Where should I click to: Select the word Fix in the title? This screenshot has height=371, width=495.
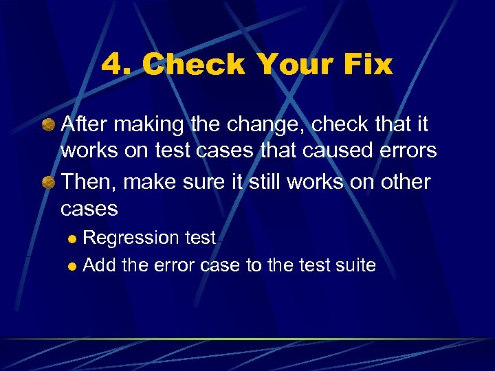(366, 65)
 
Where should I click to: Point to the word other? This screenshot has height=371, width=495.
(401, 182)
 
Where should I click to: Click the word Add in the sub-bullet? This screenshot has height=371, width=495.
(99, 265)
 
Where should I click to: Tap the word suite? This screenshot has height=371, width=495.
(355, 265)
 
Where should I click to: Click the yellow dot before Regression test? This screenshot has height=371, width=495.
(73, 239)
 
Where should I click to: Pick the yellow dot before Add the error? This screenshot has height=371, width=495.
(73, 266)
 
